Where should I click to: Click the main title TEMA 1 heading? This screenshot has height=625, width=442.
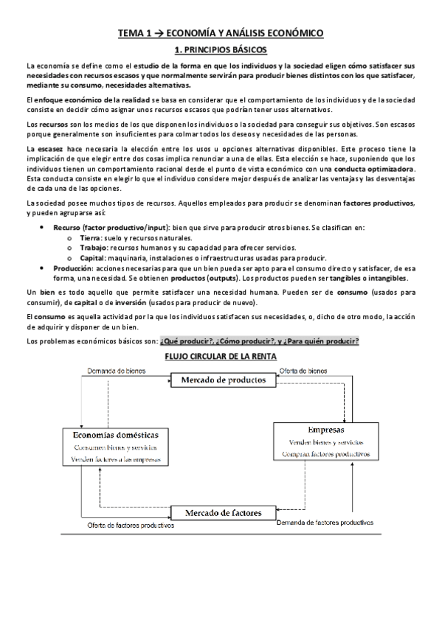pos(221,33)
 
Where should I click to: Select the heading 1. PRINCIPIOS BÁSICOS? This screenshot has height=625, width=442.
pos(220,50)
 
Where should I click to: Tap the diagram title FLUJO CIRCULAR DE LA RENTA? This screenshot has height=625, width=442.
pos(220,356)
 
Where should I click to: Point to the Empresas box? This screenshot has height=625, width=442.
pos(325,442)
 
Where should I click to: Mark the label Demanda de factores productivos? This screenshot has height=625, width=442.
pos(325,523)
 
